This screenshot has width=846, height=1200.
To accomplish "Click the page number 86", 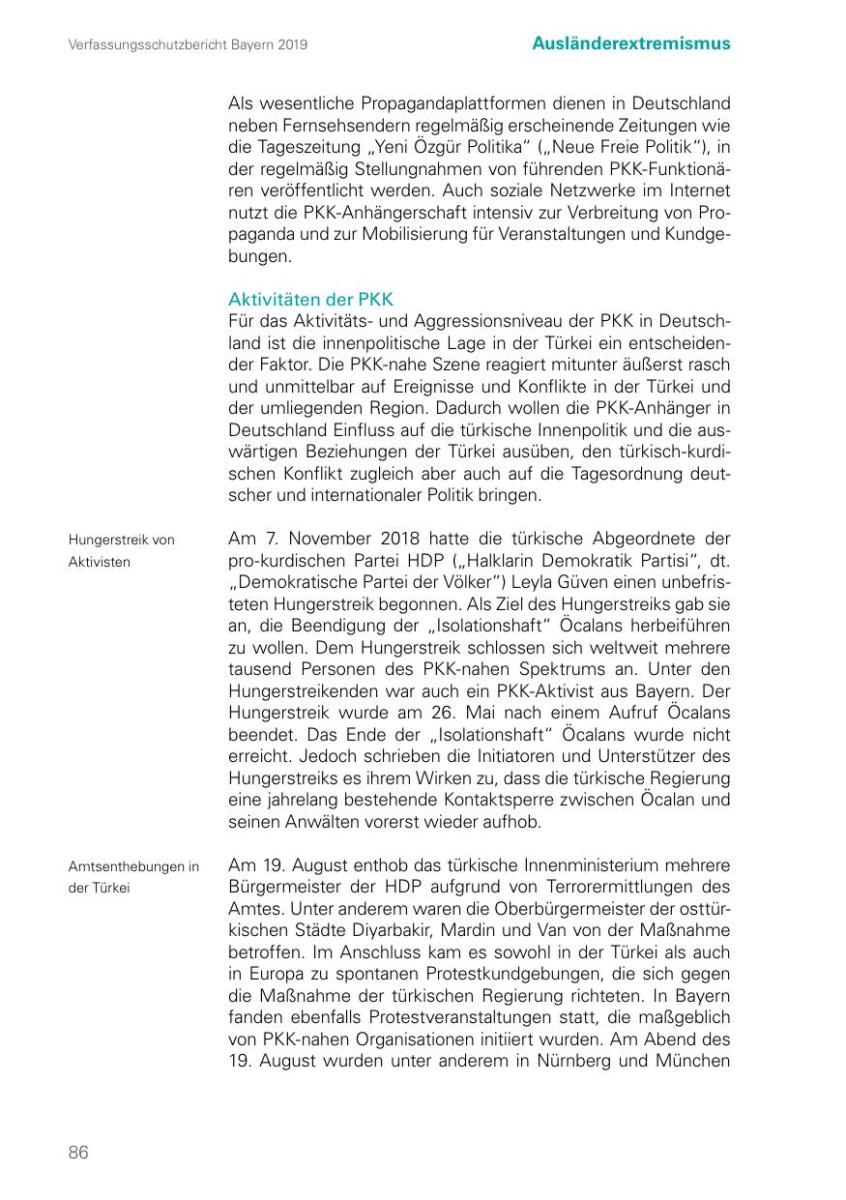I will pyautogui.click(x=78, y=1152).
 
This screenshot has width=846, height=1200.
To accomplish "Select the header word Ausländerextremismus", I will pyautogui.click(x=631, y=44).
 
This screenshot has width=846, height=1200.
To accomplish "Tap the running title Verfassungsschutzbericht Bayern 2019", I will pyautogui.click(x=189, y=44).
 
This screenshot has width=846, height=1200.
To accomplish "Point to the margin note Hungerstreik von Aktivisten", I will pyautogui.click(x=121, y=550).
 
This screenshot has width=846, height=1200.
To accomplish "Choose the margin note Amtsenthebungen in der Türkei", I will pyautogui.click(x=133, y=877).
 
